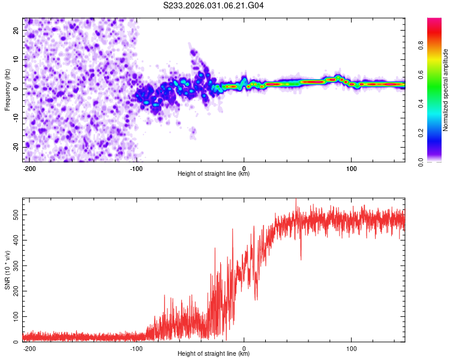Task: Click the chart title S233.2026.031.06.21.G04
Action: click(214, 6)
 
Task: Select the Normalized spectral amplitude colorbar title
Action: click(445, 90)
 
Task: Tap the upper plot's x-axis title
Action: click(214, 173)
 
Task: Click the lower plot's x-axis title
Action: click(214, 353)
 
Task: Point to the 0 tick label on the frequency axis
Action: click(18, 88)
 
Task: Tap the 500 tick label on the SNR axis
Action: click(13, 214)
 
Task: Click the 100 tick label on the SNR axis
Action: click(13, 316)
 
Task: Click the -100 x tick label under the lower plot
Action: click(136, 347)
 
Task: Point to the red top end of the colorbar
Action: click(434, 21)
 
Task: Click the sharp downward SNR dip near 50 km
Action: click(301, 258)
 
